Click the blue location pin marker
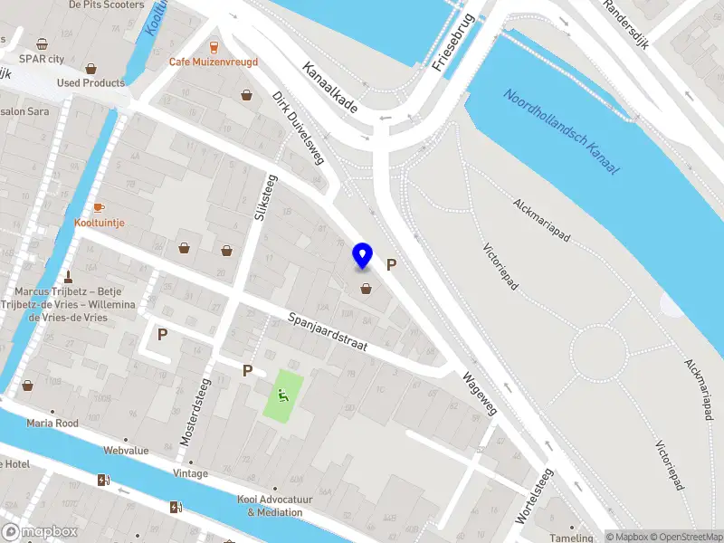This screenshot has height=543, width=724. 363,256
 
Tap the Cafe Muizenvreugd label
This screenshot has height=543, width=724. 214,62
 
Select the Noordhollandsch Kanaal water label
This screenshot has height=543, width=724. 561,132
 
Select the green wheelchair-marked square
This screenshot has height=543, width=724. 283,394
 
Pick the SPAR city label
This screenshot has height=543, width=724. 43,58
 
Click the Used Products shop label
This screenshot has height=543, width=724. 90,82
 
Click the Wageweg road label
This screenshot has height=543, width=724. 480,395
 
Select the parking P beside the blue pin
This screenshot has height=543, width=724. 392,265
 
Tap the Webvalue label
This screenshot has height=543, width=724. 125,450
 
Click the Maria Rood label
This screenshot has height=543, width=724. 52,423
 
